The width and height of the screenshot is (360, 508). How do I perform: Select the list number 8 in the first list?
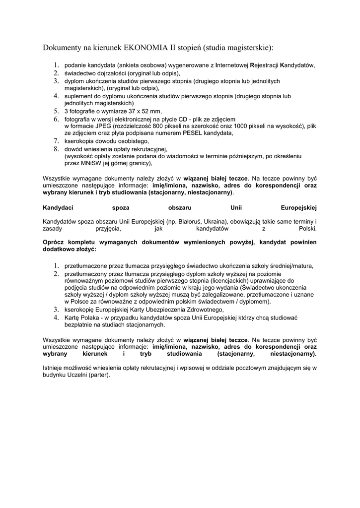point(57,148)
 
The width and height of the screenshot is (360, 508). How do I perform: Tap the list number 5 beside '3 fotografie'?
point(57,111)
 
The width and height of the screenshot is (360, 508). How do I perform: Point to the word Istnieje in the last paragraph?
point(54,369)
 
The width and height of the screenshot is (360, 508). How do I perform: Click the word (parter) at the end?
point(100,376)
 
